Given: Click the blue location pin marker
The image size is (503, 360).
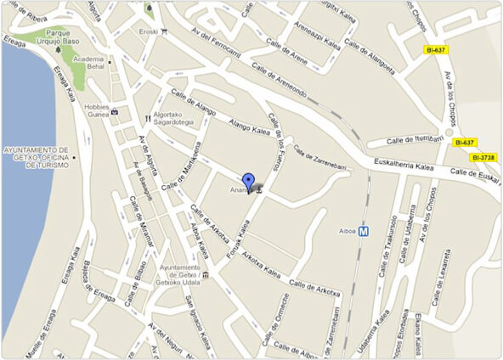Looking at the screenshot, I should click(248, 182).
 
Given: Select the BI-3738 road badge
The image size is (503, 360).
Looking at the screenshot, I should click(482, 157).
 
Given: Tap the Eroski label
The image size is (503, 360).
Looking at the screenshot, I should click(149, 31).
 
